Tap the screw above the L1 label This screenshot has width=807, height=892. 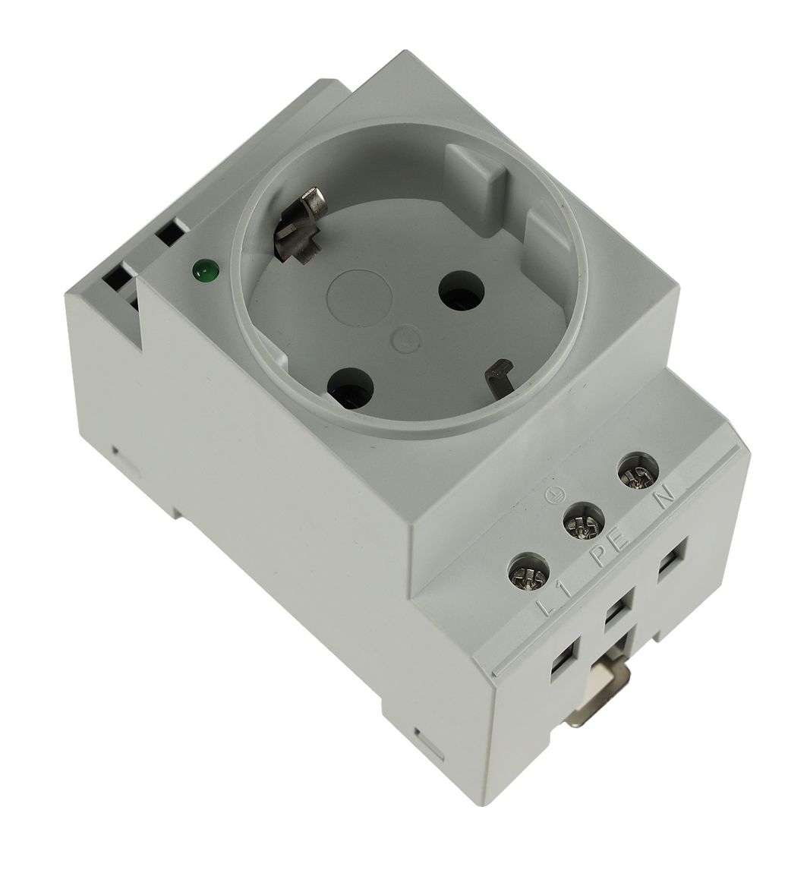point(528,573)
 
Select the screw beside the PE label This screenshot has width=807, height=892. point(583,522)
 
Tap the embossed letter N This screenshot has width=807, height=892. point(665,496)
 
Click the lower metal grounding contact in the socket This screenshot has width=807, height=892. point(499,377)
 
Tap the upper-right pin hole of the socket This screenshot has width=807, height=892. point(462,291)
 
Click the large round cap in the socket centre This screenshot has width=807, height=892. point(359,297)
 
